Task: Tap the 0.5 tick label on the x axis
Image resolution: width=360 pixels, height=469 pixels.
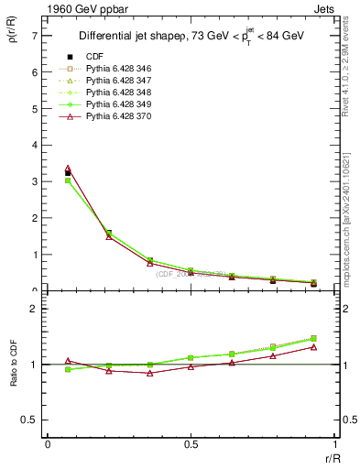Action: click(x=191, y=444)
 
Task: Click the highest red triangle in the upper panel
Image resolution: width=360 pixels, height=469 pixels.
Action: click(x=68, y=169)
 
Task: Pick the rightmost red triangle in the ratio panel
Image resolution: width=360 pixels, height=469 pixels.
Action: click(x=313, y=346)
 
